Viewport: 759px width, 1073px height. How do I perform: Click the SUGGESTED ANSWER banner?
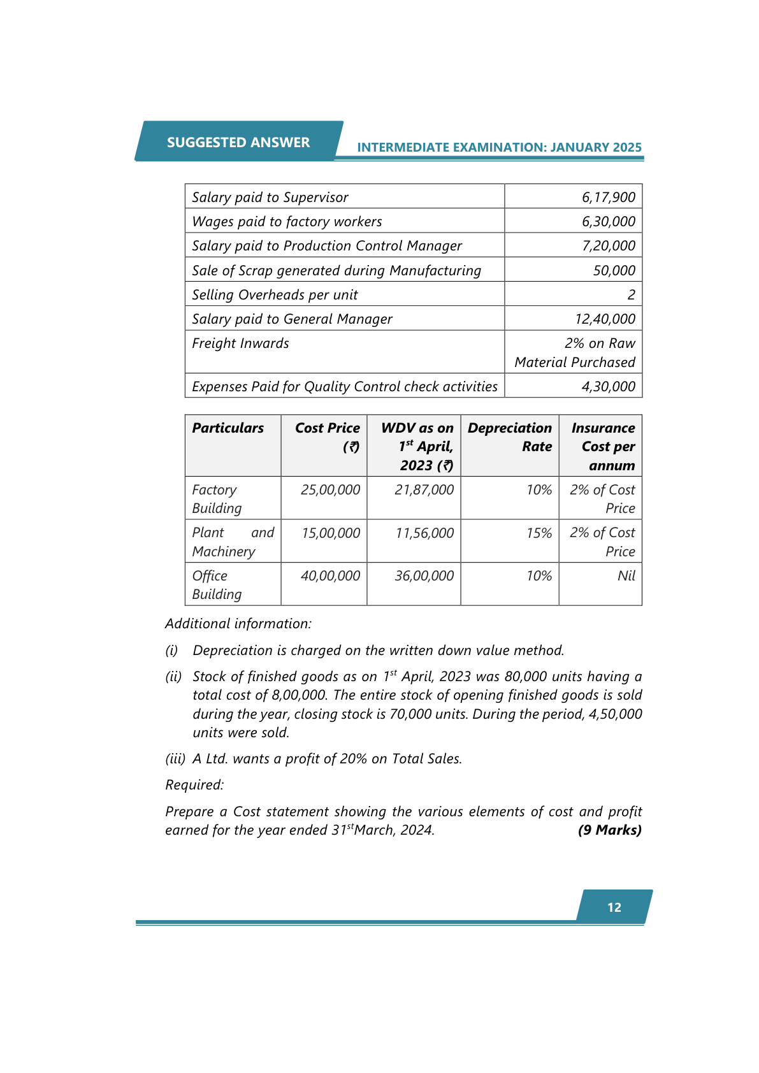(238, 142)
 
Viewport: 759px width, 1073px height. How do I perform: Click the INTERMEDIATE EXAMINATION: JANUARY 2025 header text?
(499, 147)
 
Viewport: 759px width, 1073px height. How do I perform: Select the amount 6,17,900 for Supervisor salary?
(608, 198)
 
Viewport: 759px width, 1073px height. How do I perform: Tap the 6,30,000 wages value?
(608, 222)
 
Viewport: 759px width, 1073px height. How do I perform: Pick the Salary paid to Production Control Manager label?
(327, 246)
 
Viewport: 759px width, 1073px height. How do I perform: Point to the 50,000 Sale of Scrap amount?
(614, 271)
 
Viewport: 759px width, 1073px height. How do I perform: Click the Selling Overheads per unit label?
(275, 295)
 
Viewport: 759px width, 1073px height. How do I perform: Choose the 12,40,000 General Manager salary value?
(605, 319)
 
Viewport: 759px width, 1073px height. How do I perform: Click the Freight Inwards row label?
(240, 343)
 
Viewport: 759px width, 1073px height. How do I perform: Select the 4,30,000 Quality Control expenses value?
(608, 387)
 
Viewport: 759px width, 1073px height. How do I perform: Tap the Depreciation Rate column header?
(510, 437)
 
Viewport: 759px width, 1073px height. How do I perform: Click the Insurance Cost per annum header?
(603, 446)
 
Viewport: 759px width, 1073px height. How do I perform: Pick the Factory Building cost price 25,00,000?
(330, 490)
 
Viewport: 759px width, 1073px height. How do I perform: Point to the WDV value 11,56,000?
(424, 533)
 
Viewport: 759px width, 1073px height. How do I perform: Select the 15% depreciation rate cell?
(539, 533)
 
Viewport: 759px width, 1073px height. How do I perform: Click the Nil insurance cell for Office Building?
(626, 576)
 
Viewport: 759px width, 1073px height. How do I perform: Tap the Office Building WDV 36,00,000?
(424, 576)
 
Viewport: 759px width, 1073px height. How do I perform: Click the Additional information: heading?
(238, 624)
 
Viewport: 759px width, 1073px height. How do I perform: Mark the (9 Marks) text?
(609, 830)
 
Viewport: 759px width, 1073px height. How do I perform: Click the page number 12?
(614, 907)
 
